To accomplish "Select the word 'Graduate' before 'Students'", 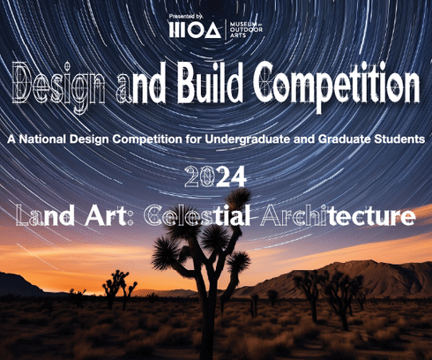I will [x=338, y=139].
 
